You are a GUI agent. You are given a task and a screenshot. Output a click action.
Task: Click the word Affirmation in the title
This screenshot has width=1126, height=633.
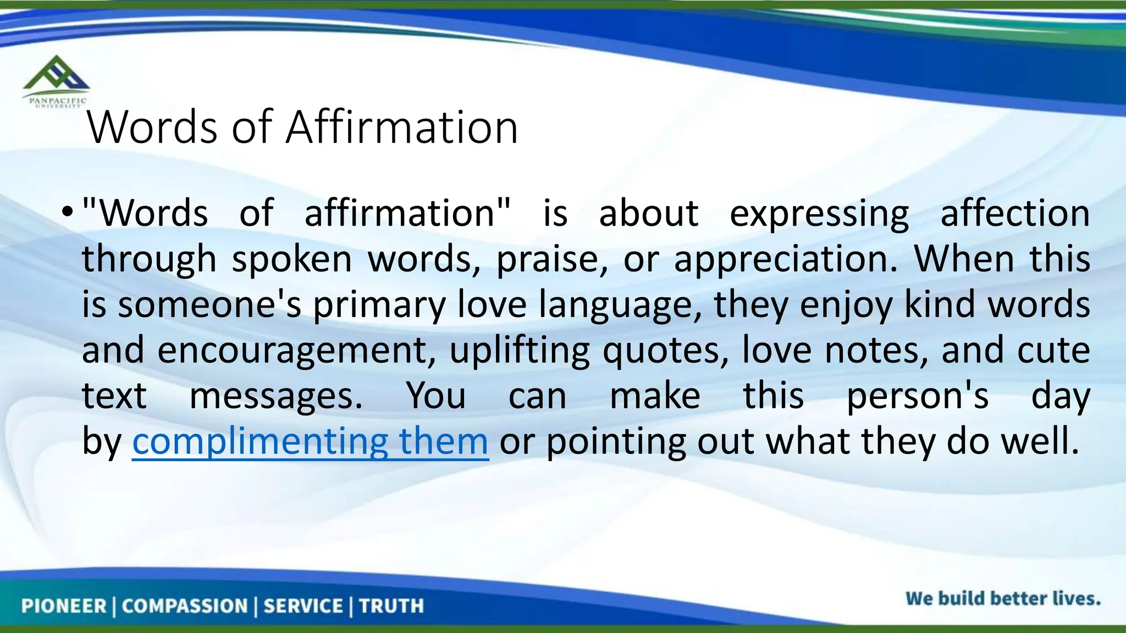pyautogui.click(x=402, y=127)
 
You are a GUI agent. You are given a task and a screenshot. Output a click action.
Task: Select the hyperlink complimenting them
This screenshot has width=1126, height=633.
pyautogui.click(x=310, y=441)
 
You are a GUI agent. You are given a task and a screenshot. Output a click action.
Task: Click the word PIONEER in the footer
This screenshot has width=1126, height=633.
pyautogui.click(x=64, y=606)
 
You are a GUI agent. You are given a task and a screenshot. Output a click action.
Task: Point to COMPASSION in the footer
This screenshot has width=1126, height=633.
pyautogui.click(x=185, y=606)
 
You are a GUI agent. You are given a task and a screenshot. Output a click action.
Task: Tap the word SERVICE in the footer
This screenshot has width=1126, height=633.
pyautogui.click(x=303, y=606)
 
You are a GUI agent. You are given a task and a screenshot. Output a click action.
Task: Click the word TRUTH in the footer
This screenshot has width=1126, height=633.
pyautogui.click(x=391, y=606)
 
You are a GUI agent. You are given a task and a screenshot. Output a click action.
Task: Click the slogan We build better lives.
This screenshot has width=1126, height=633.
pyautogui.click(x=1003, y=598)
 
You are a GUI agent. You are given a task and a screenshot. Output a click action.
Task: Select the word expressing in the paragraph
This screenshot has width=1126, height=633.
pyautogui.click(x=819, y=214)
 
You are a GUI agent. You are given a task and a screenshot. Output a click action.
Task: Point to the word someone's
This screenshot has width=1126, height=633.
pyautogui.click(x=209, y=305)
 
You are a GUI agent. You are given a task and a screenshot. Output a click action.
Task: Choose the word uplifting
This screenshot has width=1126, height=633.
pyautogui.click(x=520, y=351)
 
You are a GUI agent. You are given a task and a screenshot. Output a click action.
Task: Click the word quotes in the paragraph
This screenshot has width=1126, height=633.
pyautogui.click(x=666, y=351)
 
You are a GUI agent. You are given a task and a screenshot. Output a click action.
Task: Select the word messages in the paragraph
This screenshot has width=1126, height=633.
pyautogui.click(x=276, y=396)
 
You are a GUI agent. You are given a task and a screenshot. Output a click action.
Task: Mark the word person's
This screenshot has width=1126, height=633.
pyautogui.click(x=917, y=396)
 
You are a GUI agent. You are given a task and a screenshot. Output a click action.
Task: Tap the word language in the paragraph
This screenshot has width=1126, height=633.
pyautogui.click(x=620, y=305)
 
